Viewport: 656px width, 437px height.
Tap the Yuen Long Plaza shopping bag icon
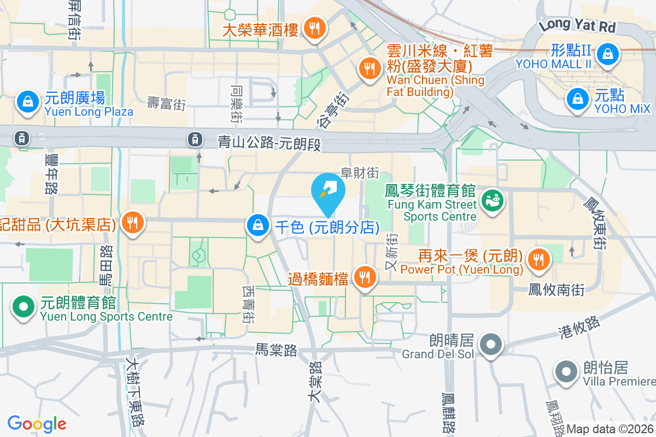click(x=27, y=102)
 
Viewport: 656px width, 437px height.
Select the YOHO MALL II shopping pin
click(x=607, y=53)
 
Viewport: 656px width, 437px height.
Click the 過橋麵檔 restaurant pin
click(x=364, y=277)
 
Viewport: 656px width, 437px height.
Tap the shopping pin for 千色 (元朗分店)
click(x=256, y=225)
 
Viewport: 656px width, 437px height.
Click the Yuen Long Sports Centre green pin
click(x=22, y=306)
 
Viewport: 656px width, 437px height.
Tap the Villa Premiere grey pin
click(x=566, y=373)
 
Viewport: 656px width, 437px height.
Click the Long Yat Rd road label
click(x=577, y=25)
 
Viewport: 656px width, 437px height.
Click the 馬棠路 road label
click(x=277, y=350)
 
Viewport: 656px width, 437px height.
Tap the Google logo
click(x=37, y=424)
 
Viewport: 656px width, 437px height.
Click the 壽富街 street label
click(x=167, y=103)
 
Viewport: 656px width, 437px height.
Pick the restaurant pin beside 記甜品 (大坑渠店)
click(x=132, y=222)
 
